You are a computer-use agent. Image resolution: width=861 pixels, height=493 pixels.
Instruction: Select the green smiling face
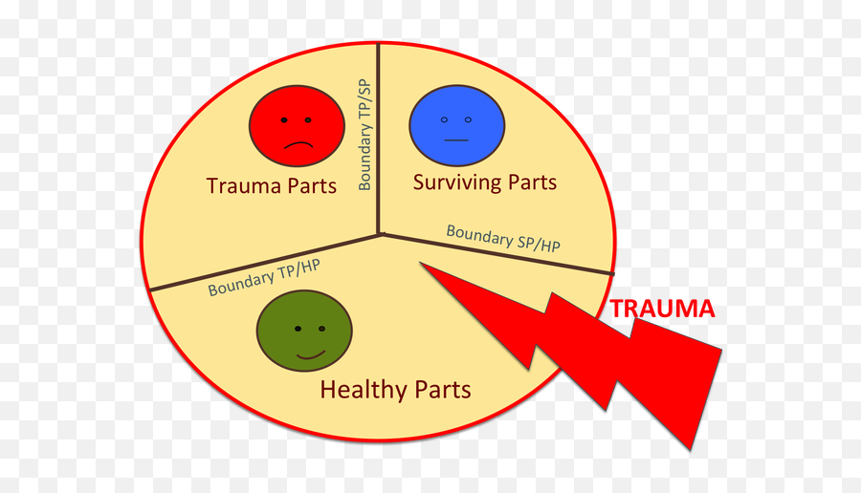pos(304,331)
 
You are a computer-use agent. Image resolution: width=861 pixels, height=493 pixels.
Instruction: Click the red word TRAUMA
pos(662,309)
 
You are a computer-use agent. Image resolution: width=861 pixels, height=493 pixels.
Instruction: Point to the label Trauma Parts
pos(272,185)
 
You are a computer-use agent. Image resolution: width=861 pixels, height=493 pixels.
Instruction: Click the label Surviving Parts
pos(484,182)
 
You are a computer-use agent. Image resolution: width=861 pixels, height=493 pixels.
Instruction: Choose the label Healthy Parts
pos(395,390)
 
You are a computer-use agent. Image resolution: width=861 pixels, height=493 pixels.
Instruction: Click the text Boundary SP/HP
pos(503,238)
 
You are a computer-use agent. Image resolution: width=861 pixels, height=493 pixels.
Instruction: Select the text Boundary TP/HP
pos(263,277)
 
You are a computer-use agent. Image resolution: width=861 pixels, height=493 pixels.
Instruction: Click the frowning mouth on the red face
pos(298,144)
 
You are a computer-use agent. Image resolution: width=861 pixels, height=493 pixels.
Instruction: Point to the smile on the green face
pos(310,355)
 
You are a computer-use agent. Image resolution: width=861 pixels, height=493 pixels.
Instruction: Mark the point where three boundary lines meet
pos(380,233)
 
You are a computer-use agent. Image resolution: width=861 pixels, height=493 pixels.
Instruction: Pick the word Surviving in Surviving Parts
pos(455,182)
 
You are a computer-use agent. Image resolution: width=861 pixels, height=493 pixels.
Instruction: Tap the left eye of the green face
pos(298,329)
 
